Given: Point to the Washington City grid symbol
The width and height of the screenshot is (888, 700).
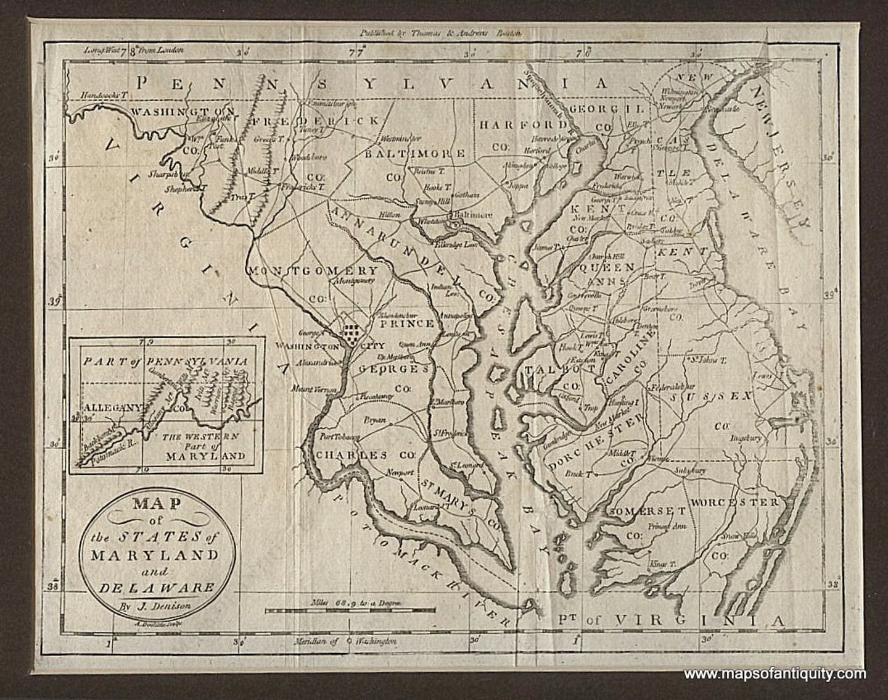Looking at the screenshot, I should pos(351,331).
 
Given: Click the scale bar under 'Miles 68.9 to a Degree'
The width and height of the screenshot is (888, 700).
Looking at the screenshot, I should pos(358,610).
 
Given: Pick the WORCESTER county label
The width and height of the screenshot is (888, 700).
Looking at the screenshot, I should pos(734,502).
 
